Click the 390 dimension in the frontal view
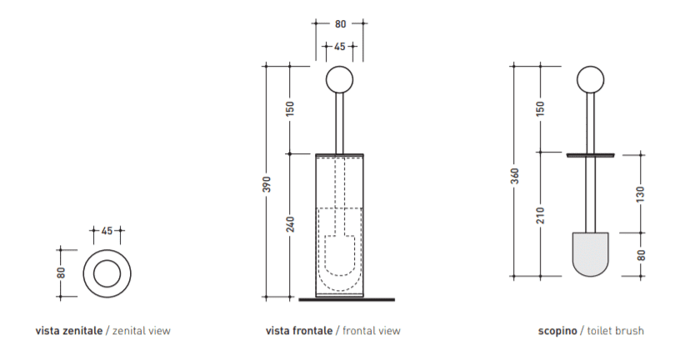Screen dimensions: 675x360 tap(267, 184)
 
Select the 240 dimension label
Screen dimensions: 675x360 tap(291, 224)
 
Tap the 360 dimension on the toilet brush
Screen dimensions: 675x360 tap(515, 176)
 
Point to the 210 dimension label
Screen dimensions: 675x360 tap(541, 215)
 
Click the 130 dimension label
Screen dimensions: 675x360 tap(641, 194)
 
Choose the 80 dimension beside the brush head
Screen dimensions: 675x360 tap(641, 255)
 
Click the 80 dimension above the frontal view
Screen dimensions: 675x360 tap(340, 24)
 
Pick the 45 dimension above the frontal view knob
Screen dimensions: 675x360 tap(340, 46)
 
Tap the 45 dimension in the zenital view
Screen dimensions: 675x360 tap(107, 231)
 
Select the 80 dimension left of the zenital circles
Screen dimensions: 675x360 tap(61, 272)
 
